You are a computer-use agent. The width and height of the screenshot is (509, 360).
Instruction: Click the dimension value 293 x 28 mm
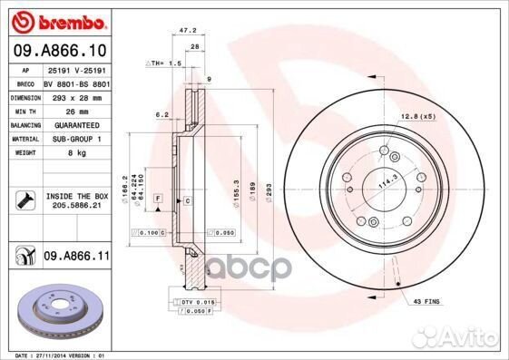pyautogui.click(x=75, y=95)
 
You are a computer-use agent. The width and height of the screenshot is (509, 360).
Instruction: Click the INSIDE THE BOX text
pyautogui.click(x=75, y=195)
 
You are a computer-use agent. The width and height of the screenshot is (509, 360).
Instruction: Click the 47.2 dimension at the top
pyautogui.click(x=193, y=31)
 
